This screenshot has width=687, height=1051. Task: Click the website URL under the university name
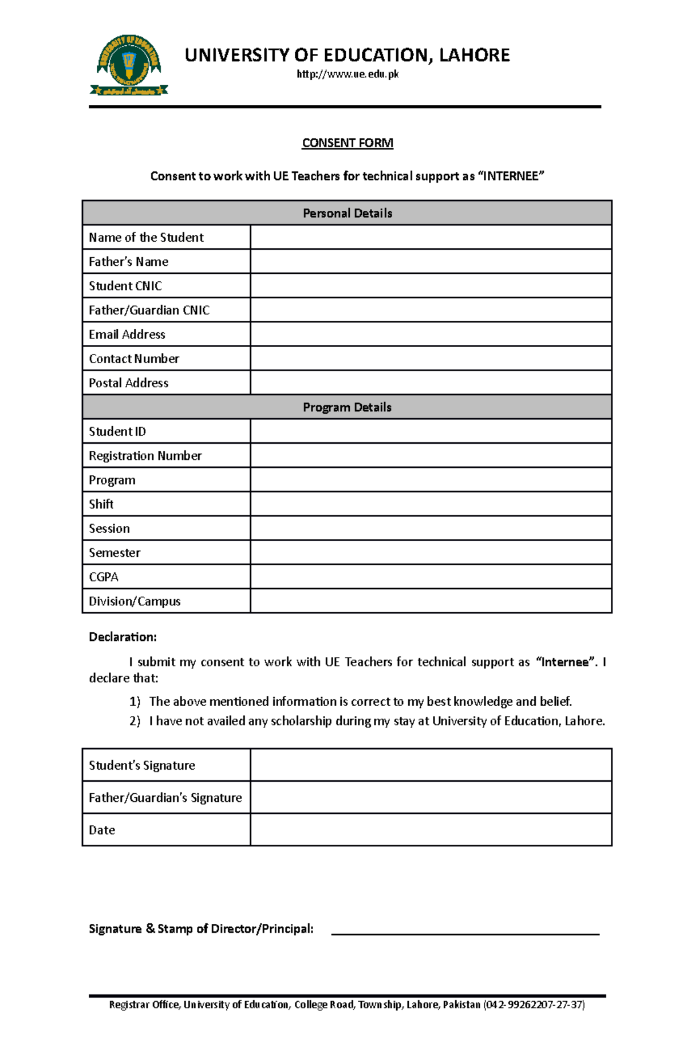347,74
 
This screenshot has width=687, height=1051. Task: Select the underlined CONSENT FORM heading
347,143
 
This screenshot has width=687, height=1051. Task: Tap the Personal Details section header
347,213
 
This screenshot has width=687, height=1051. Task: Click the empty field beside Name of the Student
431,237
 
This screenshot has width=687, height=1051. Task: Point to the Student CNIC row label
125,286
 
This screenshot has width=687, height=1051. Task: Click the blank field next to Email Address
431,334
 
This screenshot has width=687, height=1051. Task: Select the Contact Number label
134,359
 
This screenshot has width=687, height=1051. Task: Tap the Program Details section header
347,407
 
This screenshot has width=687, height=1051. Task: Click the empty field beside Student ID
431,431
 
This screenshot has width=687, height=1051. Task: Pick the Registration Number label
145,456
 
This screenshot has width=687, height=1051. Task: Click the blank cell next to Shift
431,504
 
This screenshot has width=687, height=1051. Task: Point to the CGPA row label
104,577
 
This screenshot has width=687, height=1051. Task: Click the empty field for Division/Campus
431,601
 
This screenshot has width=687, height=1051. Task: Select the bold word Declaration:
123,637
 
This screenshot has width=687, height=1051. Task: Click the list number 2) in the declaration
135,721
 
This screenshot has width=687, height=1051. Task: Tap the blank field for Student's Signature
431,765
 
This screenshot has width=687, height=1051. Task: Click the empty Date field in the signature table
431,829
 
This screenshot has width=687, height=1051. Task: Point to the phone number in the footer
534,1005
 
